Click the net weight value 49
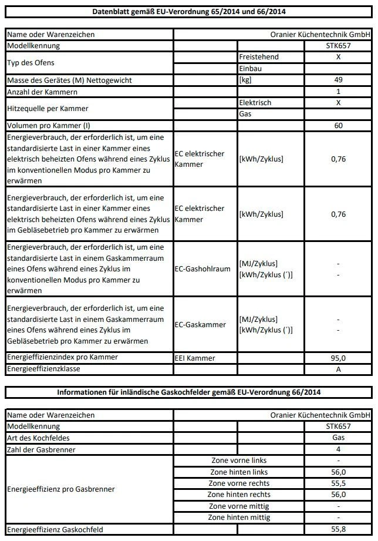(x=338, y=80)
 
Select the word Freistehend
(x=259, y=57)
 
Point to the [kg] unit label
(x=245, y=80)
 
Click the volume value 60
(x=338, y=126)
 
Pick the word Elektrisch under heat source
(x=255, y=103)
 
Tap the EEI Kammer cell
(x=195, y=358)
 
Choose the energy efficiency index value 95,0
(x=338, y=358)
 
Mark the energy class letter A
(x=338, y=369)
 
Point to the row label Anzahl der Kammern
(x=42, y=92)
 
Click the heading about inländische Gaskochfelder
(x=188, y=392)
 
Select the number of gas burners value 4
(x=338, y=449)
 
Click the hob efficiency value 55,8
(x=338, y=529)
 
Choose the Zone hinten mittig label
(x=239, y=518)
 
